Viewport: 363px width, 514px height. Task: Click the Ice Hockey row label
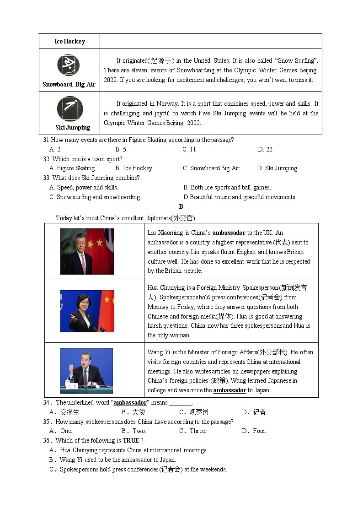pyautogui.click(x=69, y=41)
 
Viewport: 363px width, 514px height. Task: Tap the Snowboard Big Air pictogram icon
pyautogui.click(x=68, y=65)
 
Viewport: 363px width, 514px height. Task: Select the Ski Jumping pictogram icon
pyautogui.click(x=70, y=108)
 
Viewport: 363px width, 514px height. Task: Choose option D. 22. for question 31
pyautogui.click(x=266, y=149)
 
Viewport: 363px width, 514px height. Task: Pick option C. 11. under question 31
pyautogui.click(x=190, y=149)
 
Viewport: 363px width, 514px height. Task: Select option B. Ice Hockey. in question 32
pyautogui.click(x=134, y=168)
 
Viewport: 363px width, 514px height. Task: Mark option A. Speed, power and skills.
pyautogui.click(x=84, y=187)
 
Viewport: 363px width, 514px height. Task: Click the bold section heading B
pyautogui.click(x=181, y=206)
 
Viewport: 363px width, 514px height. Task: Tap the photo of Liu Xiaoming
pyautogui.click(x=87, y=251)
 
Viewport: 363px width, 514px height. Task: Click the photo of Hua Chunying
pyautogui.click(x=87, y=311)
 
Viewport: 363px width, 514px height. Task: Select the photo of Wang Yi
pyautogui.click(x=86, y=371)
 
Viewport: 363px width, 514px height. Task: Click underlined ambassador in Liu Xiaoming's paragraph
pyautogui.click(x=229, y=233)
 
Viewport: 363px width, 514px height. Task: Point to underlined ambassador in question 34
pyautogui.click(x=130, y=403)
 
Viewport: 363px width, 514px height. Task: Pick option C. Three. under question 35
pyautogui.click(x=192, y=431)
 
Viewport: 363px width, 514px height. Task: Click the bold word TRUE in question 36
pyautogui.click(x=131, y=440)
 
